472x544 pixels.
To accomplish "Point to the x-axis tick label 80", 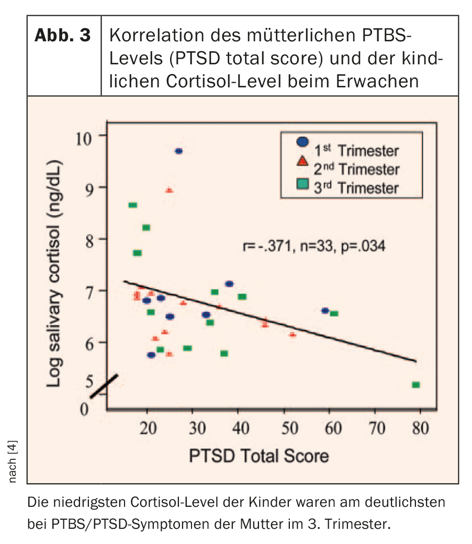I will pyautogui.click(x=419, y=429).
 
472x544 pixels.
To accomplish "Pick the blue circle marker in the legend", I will pyautogui.click(x=302, y=142).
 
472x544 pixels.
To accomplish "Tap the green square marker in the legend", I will pyautogui.click(x=302, y=184).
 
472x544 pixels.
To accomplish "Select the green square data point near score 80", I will pyautogui.click(x=416, y=385).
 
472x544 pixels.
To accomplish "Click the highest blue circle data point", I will pyautogui.click(x=178, y=151).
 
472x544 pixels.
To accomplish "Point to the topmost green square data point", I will pyautogui.click(x=133, y=205).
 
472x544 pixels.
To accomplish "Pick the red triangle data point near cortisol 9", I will pyautogui.click(x=169, y=190).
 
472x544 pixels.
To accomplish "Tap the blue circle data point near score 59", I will pyautogui.click(x=325, y=311).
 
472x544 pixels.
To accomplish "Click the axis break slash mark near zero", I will pyautogui.click(x=104, y=386).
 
